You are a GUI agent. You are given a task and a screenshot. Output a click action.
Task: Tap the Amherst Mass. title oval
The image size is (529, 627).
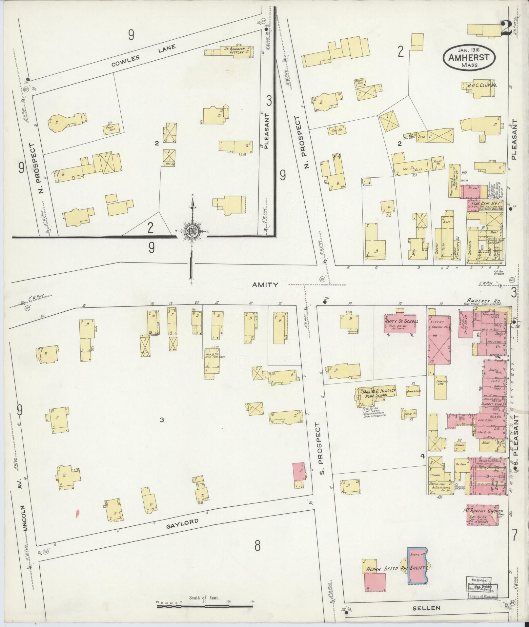[x=469, y=58]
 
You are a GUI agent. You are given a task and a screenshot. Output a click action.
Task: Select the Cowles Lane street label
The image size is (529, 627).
[x=143, y=55]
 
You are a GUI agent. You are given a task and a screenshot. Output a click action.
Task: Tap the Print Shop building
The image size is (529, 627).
[x=111, y=129]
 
